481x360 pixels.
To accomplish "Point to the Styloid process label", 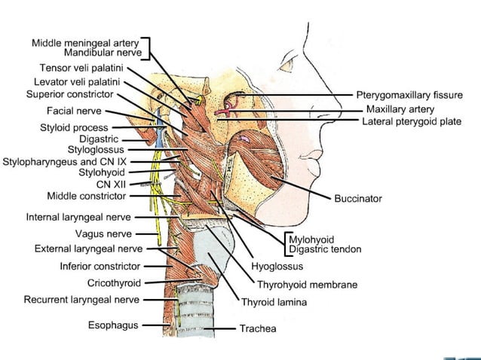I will [x=74, y=128].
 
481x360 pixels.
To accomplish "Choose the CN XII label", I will [x=111, y=183].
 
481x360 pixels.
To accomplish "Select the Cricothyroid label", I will [x=114, y=283].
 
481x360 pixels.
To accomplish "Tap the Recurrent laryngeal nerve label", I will [x=81, y=300].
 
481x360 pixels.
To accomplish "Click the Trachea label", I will [x=258, y=328].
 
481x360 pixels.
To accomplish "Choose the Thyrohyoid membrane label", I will [x=307, y=285].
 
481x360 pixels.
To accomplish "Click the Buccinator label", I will [x=358, y=199].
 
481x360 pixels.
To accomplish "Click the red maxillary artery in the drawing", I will [x=226, y=111].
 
